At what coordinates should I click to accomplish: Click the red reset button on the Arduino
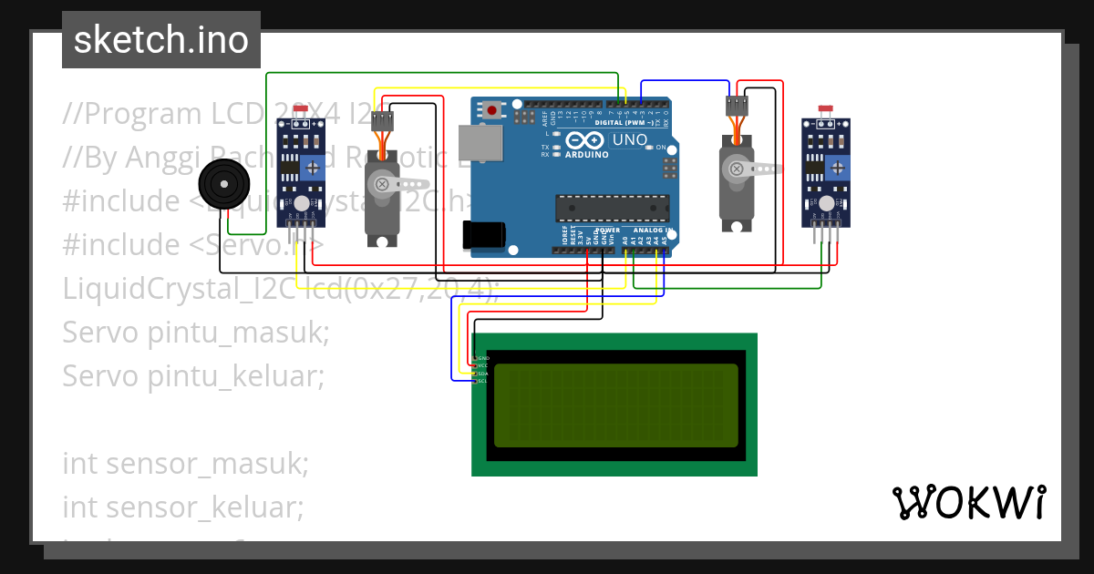[493, 111]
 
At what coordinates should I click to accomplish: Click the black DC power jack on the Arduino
[483, 235]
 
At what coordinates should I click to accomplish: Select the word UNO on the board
[628, 140]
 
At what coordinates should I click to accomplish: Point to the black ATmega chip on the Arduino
[613, 209]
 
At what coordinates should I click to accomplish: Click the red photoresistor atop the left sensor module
[300, 108]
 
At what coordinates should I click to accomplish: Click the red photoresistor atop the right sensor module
[825, 108]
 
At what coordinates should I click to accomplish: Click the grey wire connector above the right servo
[736, 106]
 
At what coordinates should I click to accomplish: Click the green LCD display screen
[615, 405]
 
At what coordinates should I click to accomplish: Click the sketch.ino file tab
[161, 40]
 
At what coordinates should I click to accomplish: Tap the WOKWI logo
[968, 502]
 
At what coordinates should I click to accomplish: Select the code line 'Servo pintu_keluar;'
[193, 375]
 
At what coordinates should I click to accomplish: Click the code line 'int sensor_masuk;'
[186, 463]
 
